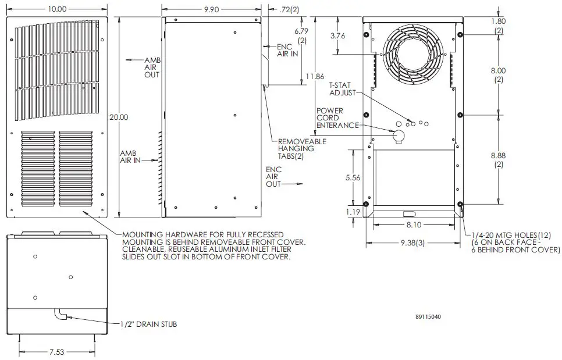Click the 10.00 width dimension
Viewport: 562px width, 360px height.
58,9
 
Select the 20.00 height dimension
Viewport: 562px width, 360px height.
119,117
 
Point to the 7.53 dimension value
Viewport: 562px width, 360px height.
56,352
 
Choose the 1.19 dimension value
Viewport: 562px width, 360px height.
353,212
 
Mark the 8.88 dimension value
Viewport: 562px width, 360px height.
499,161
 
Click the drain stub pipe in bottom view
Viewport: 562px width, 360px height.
61,315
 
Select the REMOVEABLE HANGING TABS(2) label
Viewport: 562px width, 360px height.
301,148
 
